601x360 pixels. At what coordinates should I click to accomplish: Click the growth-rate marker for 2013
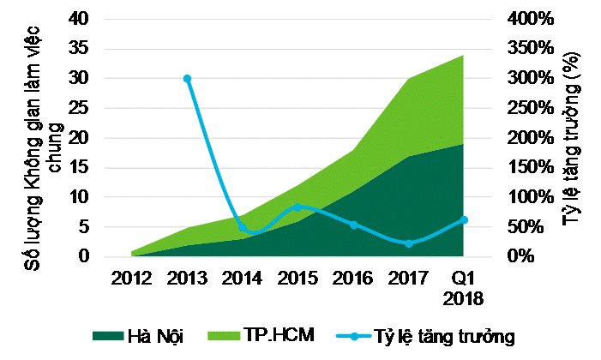(187, 78)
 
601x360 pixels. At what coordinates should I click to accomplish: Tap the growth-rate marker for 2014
(243, 227)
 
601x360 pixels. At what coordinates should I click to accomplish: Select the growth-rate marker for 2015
(297, 207)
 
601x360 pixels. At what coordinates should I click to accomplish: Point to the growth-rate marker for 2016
(353, 225)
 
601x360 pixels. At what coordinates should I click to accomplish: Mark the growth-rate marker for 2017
(408, 243)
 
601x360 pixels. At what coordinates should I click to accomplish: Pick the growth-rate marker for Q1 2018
(464, 220)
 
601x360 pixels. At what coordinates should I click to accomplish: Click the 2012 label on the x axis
(132, 278)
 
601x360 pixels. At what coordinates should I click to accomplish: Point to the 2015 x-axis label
(297, 278)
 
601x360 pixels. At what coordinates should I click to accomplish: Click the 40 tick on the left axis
(79, 19)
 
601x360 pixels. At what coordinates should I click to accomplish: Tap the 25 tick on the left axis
(79, 108)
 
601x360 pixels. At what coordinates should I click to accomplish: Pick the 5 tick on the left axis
(84, 227)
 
